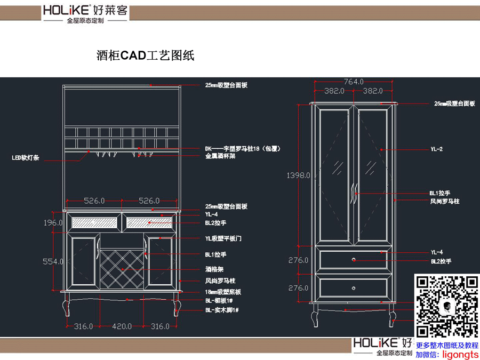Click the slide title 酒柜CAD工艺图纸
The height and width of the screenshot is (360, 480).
[146, 55]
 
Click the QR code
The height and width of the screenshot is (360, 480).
[446, 308]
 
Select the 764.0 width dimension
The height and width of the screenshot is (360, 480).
[354, 82]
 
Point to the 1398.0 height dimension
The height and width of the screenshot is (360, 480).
[299, 175]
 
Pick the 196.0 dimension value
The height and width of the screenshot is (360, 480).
[53, 223]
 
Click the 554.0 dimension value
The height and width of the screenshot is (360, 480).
[53, 261]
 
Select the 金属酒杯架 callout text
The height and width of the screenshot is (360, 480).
[220, 156]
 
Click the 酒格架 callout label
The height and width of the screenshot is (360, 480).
[214, 270]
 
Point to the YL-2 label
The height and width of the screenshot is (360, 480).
[436, 149]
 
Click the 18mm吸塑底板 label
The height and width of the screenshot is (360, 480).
[223, 292]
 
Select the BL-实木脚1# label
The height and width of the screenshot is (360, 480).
[221, 310]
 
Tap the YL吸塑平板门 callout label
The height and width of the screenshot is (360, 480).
[223, 238]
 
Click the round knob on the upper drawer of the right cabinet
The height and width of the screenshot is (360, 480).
[354, 260]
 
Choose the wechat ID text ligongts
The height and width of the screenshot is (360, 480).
[460, 354]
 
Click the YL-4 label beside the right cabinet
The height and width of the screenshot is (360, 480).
[436, 252]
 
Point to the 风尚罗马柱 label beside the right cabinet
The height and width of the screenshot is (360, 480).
[445, 202]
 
